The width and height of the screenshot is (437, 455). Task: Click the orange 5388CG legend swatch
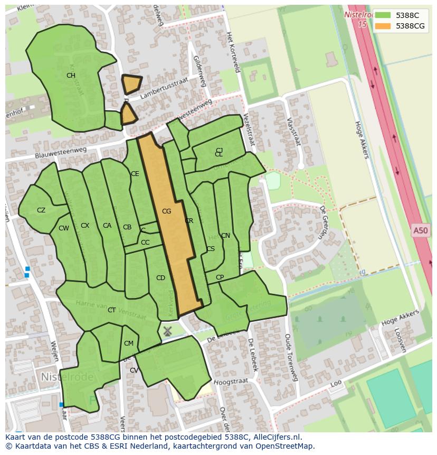click(383, 26)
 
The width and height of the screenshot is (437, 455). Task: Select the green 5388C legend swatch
click(383, 15)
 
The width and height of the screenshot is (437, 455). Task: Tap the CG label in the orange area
click(167, 211)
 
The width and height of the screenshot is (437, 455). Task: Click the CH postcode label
click(71, 76)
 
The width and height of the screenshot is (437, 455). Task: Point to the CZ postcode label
click(41, 210)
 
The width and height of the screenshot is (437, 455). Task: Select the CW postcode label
click(64, 228)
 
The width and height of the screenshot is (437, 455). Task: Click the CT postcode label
click(111, 310)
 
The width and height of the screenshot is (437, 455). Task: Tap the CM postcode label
click(129, 343)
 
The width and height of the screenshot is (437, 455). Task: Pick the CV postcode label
click(134, 370)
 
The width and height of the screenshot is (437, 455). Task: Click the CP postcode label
click(220, 277)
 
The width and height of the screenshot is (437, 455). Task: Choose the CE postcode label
click(135, 174)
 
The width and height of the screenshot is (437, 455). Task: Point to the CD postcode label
click(161, 278)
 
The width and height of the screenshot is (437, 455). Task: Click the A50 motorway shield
click(421, 230)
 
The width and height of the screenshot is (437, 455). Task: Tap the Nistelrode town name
click(67, 377)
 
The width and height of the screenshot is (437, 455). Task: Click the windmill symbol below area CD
click(167, 331)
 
